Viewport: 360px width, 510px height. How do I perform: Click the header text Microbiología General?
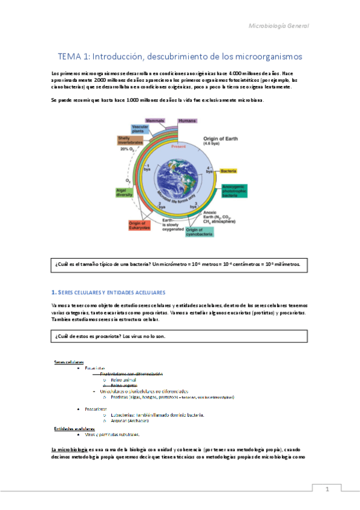point(278,26)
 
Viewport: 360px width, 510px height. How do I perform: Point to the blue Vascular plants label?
point(139,129)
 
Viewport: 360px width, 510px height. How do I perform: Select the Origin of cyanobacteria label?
point(203,231)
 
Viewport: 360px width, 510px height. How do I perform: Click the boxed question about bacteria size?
point(180,264)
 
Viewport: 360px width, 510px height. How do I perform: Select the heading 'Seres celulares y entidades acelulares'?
point(111,292)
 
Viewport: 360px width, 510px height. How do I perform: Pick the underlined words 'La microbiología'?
point(69,449)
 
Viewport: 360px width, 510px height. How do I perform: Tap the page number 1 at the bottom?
point(327,489)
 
